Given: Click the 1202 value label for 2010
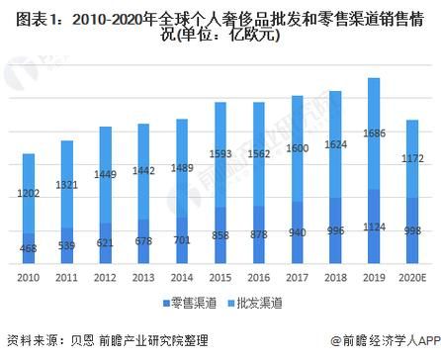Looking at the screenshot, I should click(x=30, y=194).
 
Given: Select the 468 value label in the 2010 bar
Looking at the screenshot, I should click(x=30, y=249).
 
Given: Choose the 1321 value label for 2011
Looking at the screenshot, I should click(x=67, y=184).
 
